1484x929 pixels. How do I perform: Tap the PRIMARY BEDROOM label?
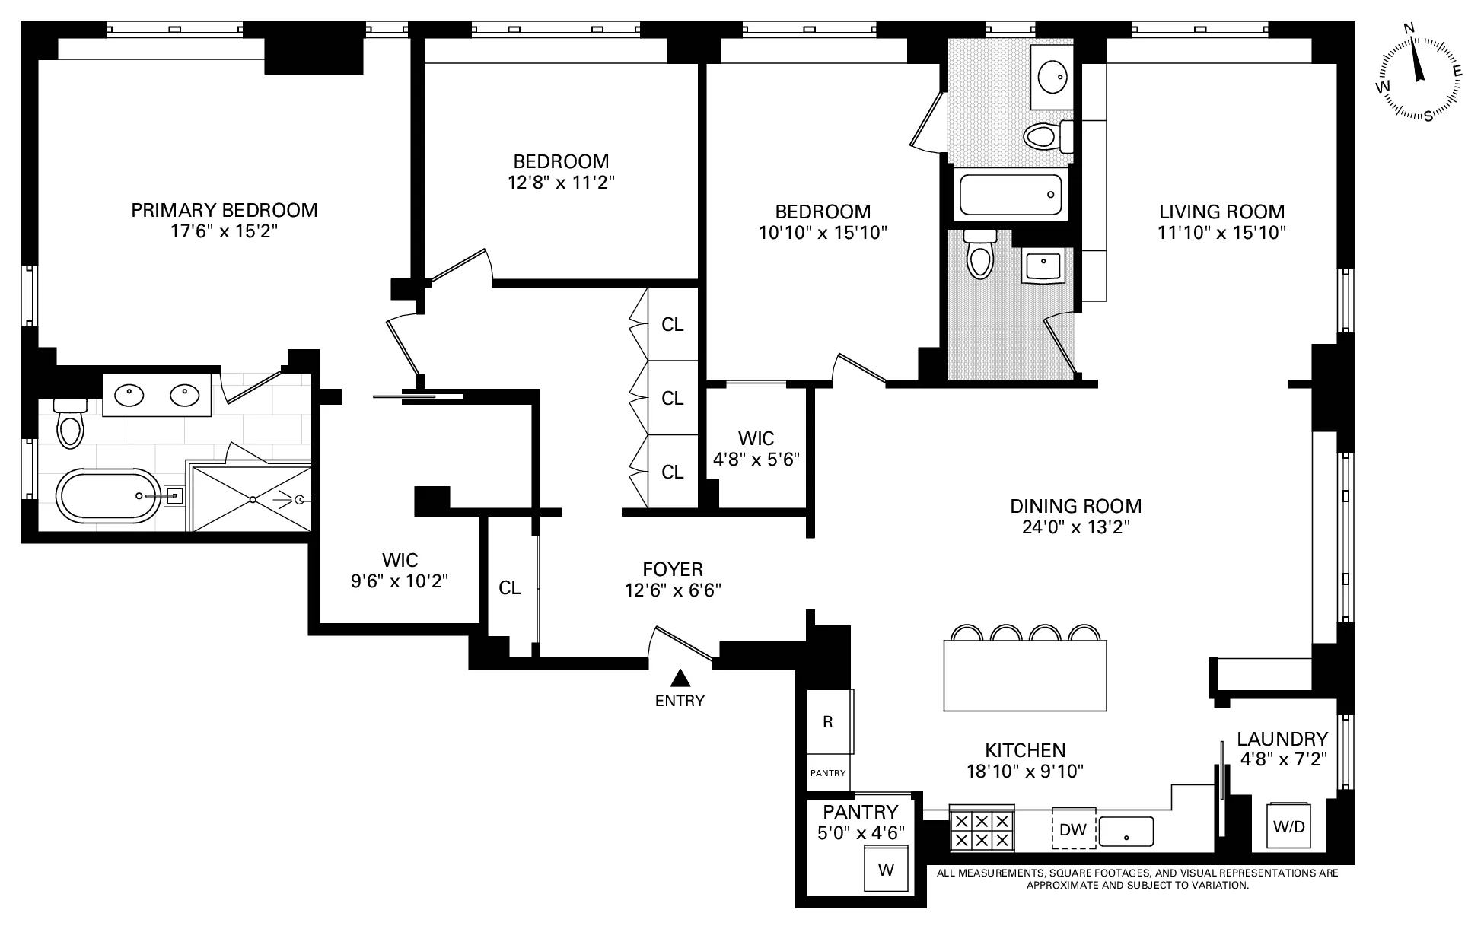(225, 210)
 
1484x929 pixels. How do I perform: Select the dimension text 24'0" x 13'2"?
(1075, 527)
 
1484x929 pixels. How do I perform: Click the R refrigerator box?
(828, 721)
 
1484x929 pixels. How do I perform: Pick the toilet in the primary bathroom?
(70, 425)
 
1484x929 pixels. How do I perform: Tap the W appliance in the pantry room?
(886, 869)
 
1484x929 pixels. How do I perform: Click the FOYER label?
(673, 569)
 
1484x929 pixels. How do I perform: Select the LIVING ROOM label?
(1221, 212)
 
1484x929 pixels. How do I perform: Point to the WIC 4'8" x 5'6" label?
(756, 449)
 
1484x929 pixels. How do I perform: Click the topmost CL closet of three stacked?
(672, 325)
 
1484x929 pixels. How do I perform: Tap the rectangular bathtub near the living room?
(1011, 195)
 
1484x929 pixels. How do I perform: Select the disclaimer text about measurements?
(1137, 879)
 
